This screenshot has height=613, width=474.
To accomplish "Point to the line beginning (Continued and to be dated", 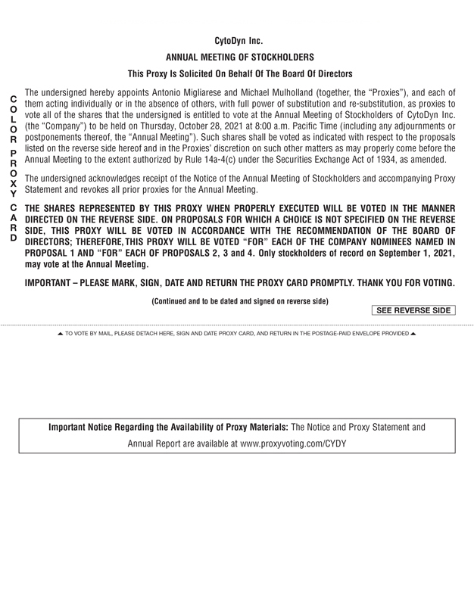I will (x=240, y=300).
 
